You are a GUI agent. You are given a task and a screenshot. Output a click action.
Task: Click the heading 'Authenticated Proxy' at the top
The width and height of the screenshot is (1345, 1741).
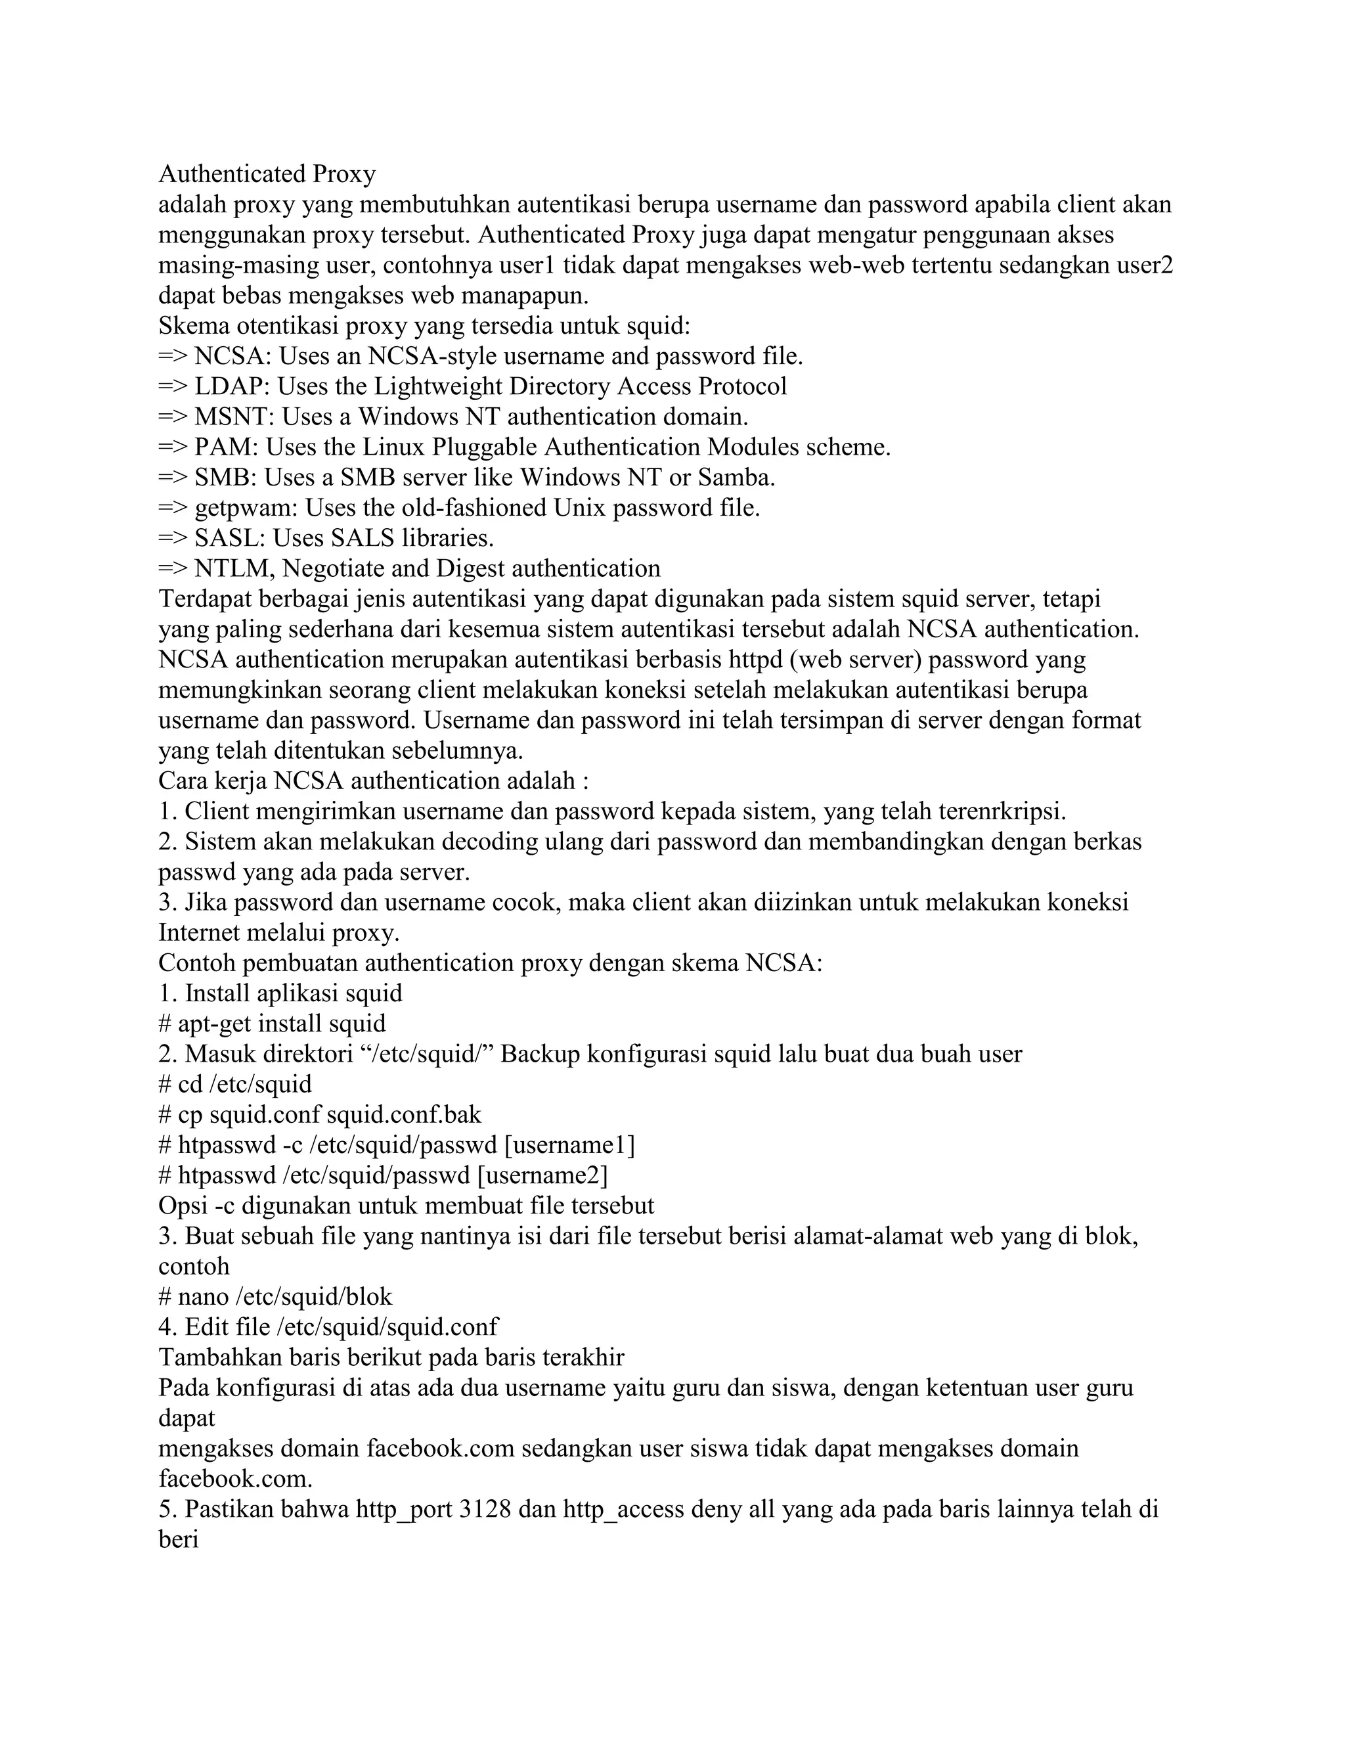pyautogui.click(x=267, y=174)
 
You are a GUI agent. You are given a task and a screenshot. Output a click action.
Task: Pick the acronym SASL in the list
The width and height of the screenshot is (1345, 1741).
pyautogui.click(x=229, y=538)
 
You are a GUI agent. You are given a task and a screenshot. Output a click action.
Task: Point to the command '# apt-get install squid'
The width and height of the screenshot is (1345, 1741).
pyautogui.click(x=272, y=1024)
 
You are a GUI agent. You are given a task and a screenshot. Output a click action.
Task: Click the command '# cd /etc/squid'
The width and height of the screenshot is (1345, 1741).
pyautogui.click(x=235, y=1084)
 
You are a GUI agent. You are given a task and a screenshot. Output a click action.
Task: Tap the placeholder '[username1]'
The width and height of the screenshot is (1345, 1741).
pyautogui.click(x=569, y=1146)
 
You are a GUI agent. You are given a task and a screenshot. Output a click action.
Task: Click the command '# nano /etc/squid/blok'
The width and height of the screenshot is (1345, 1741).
pyautogui.click(x=275, y=1297)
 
